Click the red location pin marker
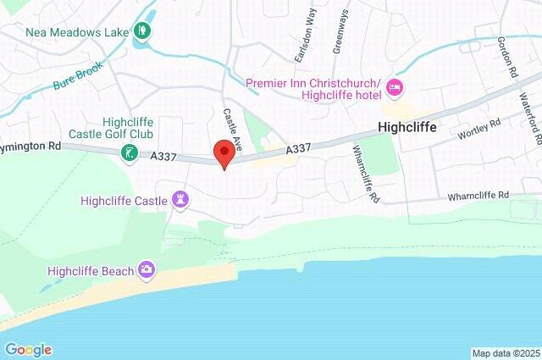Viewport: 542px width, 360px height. pyautogui.click(x=224, y=154)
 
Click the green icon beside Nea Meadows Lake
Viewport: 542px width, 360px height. pyautogui.click(x=142, y=32)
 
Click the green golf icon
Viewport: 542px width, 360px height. pyautogui.click(x=128, y=153)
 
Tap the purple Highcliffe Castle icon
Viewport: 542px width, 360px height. pyautogui.click(x=180, y=201)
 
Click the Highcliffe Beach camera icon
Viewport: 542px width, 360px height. pyautogui.click(x=147, y=270)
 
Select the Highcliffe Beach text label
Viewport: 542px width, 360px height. pyautogui.click(x=91, y=271)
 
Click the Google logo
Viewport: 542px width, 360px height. pyautogui.click(x=28, y=350)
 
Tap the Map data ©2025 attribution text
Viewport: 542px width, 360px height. pyautogui.click(x=505, y=353)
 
